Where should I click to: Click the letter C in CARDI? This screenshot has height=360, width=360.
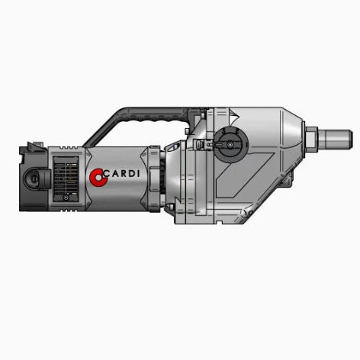[x=107, y=174]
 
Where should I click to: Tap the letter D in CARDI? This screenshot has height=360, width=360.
[x=130, y=174]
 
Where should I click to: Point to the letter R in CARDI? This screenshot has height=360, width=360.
[x=121, y=174]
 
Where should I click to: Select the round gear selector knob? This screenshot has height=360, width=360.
[x=231, y=144]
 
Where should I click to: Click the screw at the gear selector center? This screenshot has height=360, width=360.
[x=230, y=145]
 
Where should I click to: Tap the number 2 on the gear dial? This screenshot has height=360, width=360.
[x=236, y=131]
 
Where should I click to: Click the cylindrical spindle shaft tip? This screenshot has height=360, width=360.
[x=336, y=140]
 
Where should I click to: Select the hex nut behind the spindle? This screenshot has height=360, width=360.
[x=311, y=140]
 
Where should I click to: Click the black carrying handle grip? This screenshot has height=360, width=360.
[x=158, y=115]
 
